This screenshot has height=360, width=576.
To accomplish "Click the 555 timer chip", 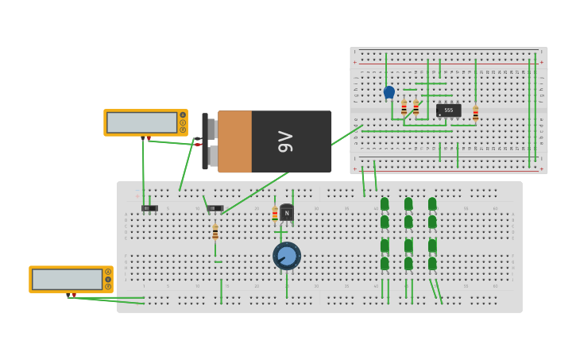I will tap(448, 110).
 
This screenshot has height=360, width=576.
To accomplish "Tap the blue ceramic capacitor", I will tap(389, 92).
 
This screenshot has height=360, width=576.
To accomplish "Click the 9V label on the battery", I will tap(284, 141).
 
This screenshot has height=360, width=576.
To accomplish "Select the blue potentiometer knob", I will tap(287, 256).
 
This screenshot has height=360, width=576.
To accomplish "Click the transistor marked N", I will tap(287, 213).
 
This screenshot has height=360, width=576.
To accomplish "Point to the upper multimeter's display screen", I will tap(142, 122).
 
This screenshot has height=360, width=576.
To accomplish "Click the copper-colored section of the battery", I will tap(234, 141).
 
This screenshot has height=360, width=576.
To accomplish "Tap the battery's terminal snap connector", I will tap(209, 141).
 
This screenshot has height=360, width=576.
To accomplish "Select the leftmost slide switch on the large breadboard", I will tap(149, 208).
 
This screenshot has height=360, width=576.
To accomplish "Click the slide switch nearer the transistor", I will tap(215, 208).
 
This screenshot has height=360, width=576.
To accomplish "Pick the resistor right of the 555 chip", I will tap(476, 114).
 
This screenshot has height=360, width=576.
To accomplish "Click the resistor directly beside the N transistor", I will tap(275, 214).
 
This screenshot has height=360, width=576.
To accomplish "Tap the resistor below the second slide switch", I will tap(215, 232).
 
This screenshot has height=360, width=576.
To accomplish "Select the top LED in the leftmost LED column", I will tap(385, 204).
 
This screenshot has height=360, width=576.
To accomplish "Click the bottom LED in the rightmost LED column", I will tap(432, 263).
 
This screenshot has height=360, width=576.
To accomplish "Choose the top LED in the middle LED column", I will tap(408, 204).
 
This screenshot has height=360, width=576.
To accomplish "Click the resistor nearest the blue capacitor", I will tap(404, 107).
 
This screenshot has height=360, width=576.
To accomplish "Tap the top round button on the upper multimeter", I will tap(183, 115).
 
